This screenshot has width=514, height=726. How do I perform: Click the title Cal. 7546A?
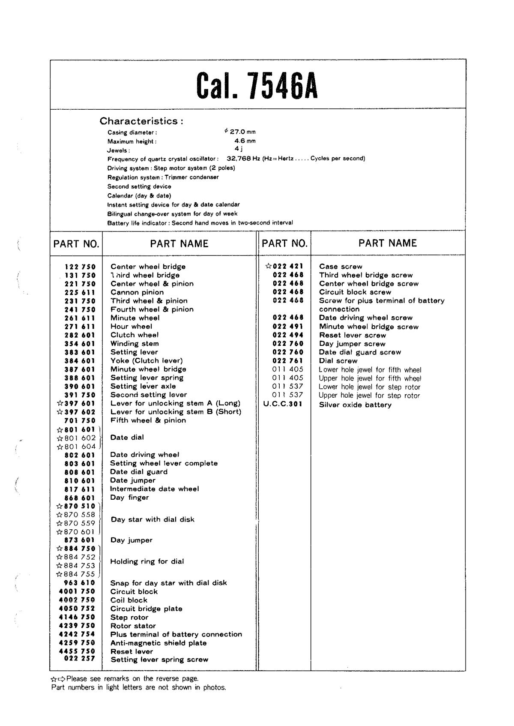pos(257,85)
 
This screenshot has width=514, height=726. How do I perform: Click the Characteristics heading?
pos(141,121)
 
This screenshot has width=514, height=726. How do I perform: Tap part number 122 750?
pos(80,267)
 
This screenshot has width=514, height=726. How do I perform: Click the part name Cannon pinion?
pos(137,292)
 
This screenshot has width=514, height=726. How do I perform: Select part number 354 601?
pos(80,344)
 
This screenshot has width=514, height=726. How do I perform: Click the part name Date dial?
pos(127,438)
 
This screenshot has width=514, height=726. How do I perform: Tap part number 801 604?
pos(80,447)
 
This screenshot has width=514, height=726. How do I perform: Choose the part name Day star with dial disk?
pos(152,519)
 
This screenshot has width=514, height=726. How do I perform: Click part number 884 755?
pos(80,574)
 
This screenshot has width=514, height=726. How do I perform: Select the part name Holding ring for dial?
pos(147,561)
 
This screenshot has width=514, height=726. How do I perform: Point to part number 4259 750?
pos(77,643)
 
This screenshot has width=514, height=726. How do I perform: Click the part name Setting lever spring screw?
pos(159,660)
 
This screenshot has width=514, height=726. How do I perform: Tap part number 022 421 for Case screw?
pos(288,267)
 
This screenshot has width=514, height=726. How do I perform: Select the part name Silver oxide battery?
pos(355,405)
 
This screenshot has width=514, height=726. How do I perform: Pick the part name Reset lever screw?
pos(353,335)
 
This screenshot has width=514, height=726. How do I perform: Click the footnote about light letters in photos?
pos(138,688)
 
